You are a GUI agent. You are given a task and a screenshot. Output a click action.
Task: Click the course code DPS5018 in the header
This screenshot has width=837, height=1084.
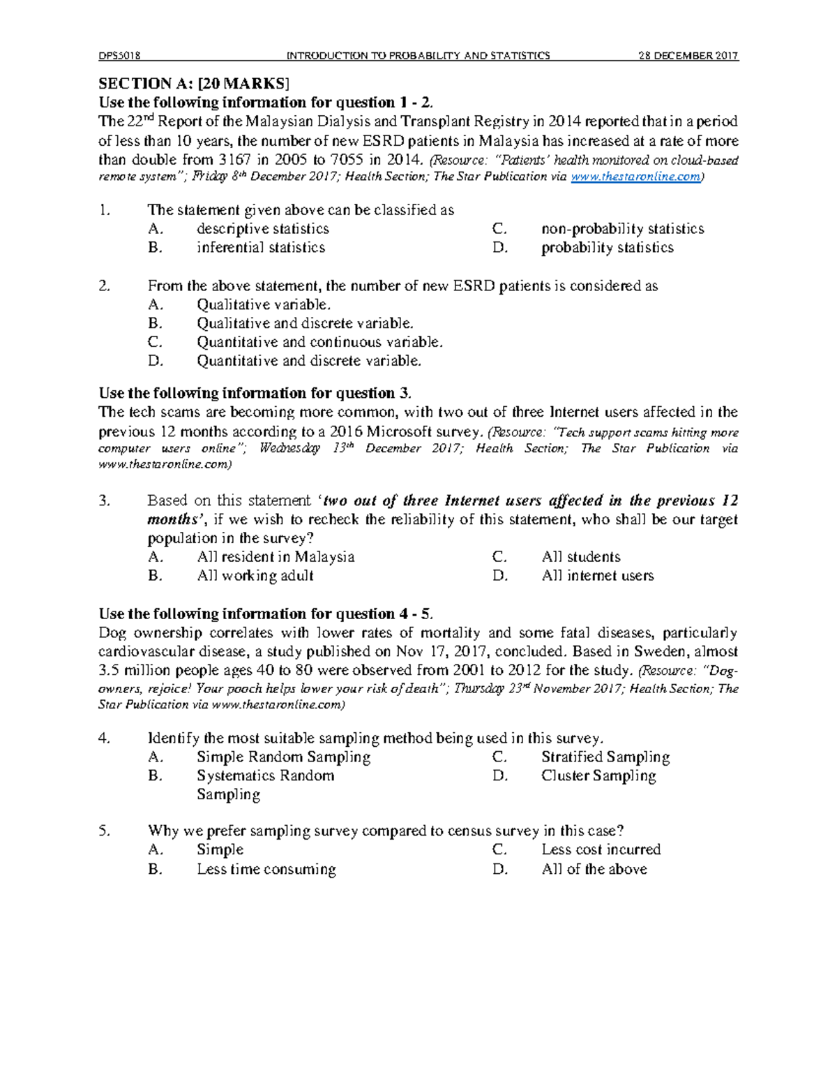click(119, 56)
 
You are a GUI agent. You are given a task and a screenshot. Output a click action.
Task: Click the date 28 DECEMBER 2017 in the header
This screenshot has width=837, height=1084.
click(688, 56)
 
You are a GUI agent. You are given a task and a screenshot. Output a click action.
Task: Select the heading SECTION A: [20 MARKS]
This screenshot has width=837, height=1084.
click(193, 84)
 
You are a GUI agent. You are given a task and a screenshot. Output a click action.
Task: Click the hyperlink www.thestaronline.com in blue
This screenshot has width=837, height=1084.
click(635, 177)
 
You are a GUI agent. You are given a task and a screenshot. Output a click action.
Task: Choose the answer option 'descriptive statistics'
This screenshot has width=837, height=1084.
click(262, 229)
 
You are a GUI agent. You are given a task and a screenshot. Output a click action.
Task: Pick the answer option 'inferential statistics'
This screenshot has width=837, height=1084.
click(260, 248)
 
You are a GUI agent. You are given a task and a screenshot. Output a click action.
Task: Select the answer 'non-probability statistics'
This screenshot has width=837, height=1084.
click(622, 229)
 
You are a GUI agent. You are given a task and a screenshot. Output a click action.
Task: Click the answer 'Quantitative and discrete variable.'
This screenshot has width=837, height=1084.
click(309, 361)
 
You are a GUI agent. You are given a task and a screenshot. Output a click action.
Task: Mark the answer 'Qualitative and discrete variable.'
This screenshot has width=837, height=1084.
click(305, 323)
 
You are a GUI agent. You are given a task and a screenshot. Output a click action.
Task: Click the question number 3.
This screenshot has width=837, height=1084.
click(105, 500)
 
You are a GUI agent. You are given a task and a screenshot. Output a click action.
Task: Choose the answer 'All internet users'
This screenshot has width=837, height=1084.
click(597, 576)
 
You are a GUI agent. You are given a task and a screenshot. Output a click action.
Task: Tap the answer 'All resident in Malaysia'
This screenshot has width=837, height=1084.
click(276, 557)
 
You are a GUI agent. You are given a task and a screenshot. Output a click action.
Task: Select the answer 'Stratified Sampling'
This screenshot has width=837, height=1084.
click(605, 757)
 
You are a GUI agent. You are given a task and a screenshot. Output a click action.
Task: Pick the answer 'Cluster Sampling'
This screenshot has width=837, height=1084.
click(598, 776)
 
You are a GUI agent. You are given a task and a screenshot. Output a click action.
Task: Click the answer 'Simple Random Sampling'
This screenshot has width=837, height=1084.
click(283, 757)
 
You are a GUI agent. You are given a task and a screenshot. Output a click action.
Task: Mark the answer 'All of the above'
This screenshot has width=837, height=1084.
click(594, 870)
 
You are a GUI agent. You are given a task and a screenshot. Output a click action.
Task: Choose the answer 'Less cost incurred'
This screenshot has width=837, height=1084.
click(601, 850)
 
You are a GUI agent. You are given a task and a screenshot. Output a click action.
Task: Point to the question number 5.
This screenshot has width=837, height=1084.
click(105, 831)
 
